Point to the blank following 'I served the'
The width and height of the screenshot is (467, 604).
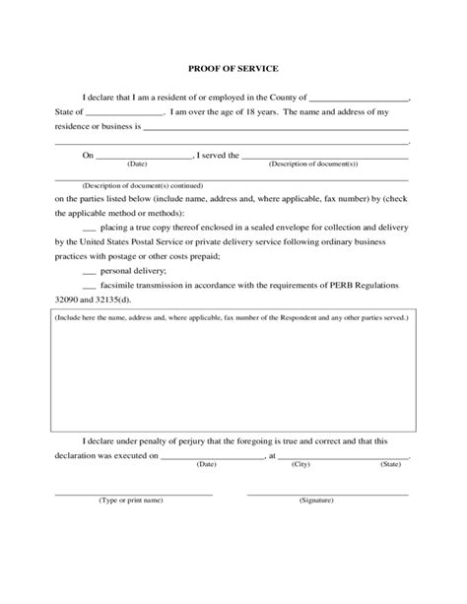pos(324,157)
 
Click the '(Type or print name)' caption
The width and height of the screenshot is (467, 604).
pos(130,502)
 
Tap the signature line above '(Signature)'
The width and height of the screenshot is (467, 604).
pos(327,493)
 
